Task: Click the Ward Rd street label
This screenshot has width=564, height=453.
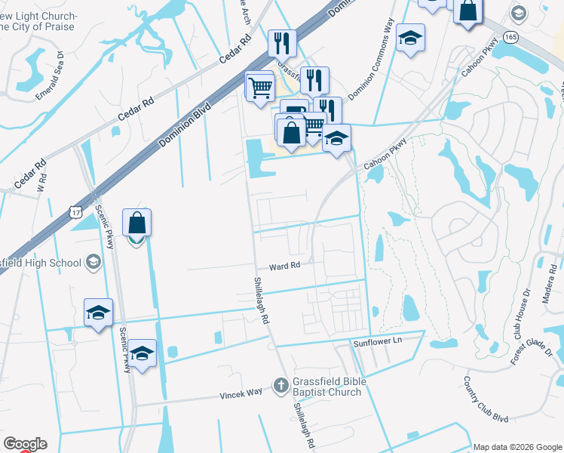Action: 285,266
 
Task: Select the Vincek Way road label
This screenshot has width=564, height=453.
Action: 241,394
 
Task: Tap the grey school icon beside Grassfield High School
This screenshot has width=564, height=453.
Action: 93,262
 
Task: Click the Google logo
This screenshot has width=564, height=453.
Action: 25,444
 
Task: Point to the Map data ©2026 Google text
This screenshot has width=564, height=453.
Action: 516,447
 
